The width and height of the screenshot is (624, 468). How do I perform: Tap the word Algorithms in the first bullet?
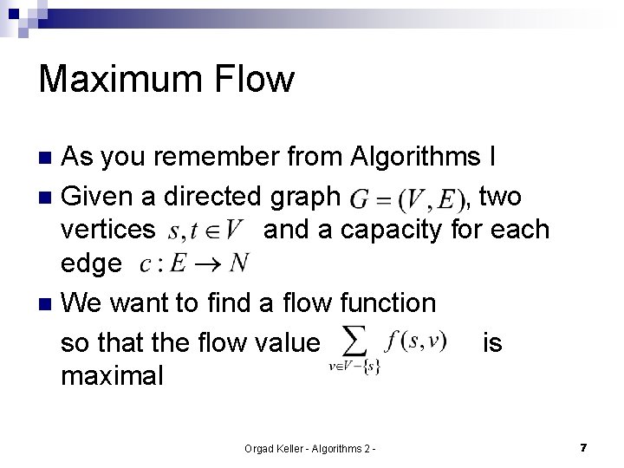[x=416, y=157]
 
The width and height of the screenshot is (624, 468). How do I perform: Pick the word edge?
[x=91, y=263]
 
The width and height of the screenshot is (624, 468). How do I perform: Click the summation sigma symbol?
[x=353, y=339]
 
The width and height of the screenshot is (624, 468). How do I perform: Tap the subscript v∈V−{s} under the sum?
[x=354, y=367]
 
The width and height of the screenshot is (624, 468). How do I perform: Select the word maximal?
[x=112, y=375]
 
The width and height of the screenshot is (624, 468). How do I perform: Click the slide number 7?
[x=584, y=447]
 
